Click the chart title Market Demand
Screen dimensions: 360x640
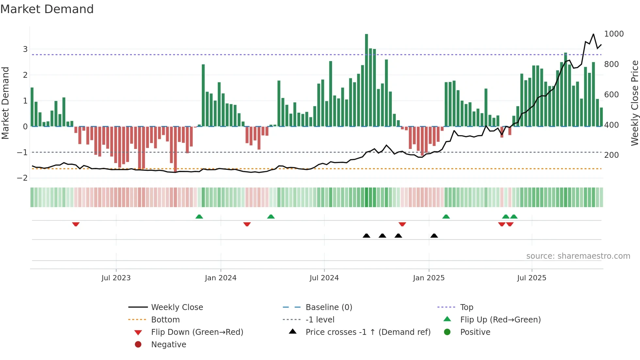coord(47,9)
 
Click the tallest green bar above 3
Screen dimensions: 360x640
coord(366,78)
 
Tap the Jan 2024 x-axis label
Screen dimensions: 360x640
coord(220,278)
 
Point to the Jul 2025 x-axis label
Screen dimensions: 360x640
coord(532,278)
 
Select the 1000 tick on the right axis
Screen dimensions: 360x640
coord(614,34)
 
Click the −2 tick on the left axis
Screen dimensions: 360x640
coord(23,178)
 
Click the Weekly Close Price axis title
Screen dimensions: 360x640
coord(634,103)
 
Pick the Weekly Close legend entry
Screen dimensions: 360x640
coord(177,307)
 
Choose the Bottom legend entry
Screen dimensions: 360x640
coord(165,320)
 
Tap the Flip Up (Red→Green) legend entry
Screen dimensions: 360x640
coord(500,320)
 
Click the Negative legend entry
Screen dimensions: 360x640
coord(168,345)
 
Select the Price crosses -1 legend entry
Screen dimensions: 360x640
coord(368,332)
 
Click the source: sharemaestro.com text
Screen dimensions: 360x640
coord(578,256)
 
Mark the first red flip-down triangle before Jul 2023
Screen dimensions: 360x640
coord(76,224)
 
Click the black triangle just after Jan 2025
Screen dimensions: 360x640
coord(434,236)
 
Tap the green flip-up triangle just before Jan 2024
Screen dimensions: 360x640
coord(199,216)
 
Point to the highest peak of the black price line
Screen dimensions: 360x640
coord(593,34)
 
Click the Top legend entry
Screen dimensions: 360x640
coord(467,307)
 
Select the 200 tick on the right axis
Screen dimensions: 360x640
coord(611,155)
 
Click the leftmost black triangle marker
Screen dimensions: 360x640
coord(366,236)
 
